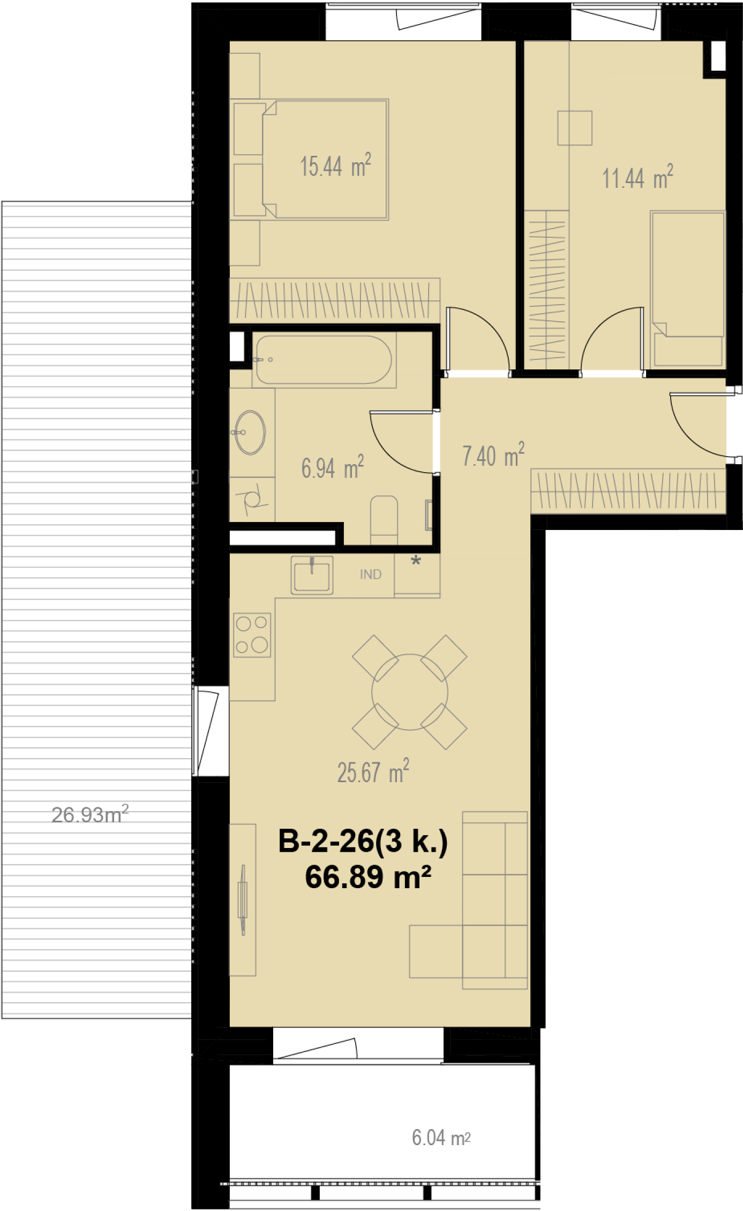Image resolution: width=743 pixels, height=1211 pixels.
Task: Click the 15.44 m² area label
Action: click(335, 165)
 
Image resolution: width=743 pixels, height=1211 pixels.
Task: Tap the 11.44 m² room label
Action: click(637, 178)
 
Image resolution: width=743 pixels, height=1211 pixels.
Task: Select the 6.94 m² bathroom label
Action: click(333, 467)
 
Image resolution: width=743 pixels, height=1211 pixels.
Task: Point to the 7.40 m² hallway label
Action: click(493, 456)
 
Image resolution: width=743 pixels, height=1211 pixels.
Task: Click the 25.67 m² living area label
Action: click(373, 771)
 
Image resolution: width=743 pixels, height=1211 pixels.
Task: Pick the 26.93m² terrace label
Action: click(90, 814)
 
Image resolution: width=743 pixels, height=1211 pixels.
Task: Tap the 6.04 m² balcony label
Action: click(441, 1138)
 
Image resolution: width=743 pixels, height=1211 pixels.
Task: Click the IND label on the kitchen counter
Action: click(371, 574)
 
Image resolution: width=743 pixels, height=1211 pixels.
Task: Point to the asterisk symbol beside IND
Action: click(416, 561)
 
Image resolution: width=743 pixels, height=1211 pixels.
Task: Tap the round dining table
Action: click(410, 692)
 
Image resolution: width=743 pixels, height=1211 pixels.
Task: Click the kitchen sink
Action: click(312, 575)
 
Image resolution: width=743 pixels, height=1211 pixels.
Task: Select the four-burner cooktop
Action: click(252, 635)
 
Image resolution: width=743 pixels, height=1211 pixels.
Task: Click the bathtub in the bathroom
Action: click(324, 359)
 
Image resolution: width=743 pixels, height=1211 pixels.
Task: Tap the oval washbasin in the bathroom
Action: click(250, 432)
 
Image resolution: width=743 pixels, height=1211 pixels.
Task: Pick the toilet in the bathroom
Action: click(384, 520)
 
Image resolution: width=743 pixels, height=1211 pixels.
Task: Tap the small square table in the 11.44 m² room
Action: click(575, 128)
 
